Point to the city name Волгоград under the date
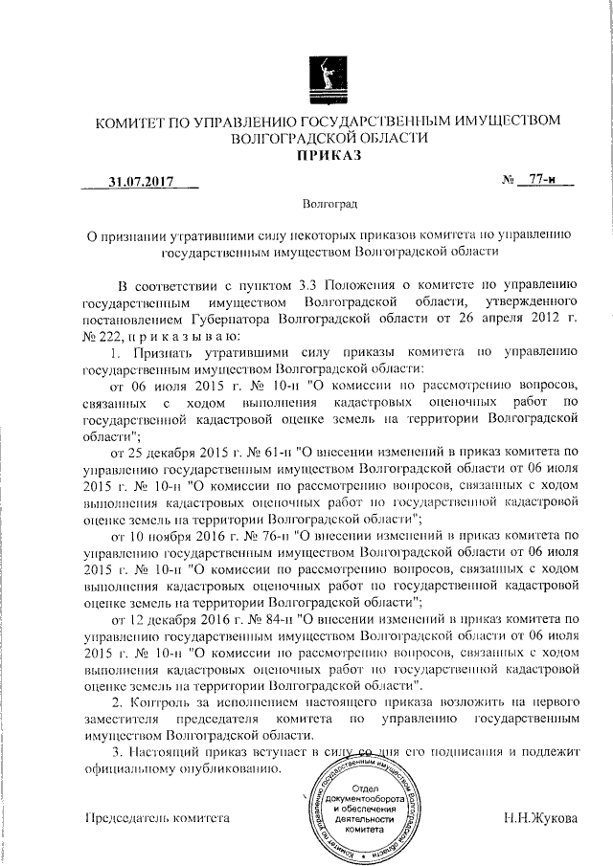tap(329, 204)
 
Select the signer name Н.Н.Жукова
tap(542, 819)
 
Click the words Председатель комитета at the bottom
tap(158, 819)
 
